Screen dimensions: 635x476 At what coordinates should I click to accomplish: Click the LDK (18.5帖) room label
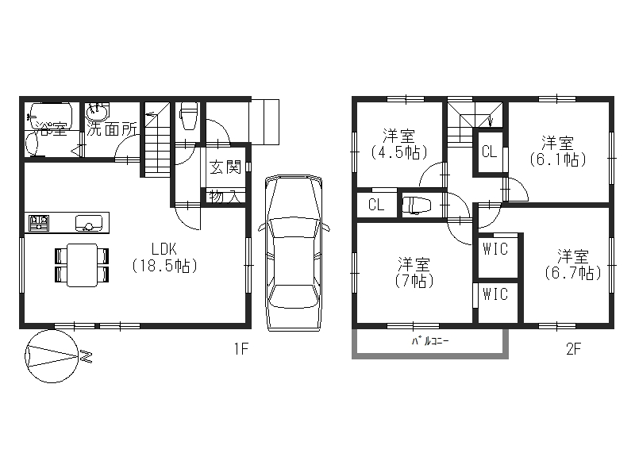coord(165,257)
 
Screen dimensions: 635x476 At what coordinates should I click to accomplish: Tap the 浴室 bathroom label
coord(51,129)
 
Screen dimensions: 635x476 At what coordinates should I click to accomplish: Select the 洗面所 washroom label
coord(112,129)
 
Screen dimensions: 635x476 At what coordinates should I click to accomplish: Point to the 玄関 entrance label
coord(225,167)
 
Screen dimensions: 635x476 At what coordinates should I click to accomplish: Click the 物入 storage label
coord(225,197)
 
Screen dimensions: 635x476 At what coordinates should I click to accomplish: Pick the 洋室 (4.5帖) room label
coord(399,144)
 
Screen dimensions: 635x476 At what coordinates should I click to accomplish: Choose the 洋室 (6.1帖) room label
coord(558,152)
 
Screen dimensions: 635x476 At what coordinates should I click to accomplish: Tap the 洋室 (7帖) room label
coord(414,272)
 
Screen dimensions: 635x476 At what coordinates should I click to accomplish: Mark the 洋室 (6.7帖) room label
coord(572,265)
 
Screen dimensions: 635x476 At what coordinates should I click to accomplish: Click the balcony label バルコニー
coord(429,341)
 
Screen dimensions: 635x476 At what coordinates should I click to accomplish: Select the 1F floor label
coord(241,348)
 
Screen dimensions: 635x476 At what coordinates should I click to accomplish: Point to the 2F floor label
coord(573,348)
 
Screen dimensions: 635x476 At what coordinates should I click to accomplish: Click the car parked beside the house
coord(294,253)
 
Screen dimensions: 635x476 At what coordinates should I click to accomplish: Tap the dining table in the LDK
coord(82,265)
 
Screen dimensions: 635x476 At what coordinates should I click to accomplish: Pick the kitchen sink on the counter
coord(89,223)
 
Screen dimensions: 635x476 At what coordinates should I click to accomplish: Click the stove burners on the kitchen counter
coord(39,223)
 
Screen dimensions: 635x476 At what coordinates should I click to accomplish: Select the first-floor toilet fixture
coord(189,115)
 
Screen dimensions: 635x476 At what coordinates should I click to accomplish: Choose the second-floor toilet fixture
coord(416,205)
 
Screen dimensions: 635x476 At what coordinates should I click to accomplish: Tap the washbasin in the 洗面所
coord(98,110)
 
